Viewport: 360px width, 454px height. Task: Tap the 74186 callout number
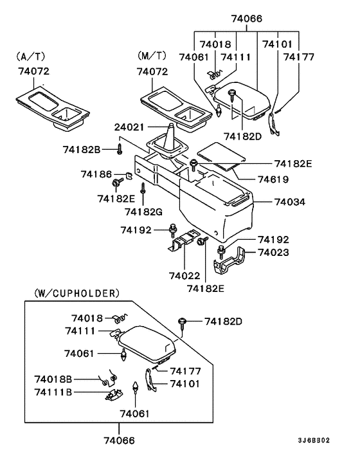click(x=96, y=174)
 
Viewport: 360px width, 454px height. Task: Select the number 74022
click(x=185, y=275)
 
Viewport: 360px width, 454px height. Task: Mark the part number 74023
click(x=273, y=253)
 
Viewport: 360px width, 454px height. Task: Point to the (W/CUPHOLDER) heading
click(x=72, y=293)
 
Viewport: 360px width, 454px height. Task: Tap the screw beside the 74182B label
click(x=120, y=150)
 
